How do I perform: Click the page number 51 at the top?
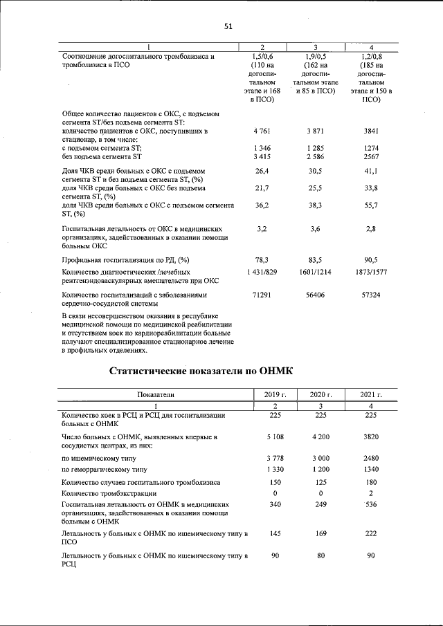pos(228,27)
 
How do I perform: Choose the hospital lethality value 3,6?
pos(315,228)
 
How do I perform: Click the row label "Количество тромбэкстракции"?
pos(110,494)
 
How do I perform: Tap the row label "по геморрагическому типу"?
pos(105,468)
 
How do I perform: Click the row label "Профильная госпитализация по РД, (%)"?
pos(125,260)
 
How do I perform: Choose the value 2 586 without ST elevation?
pos(315,158)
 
